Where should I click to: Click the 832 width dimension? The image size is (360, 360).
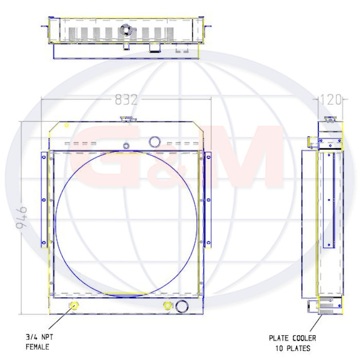click(126, 99)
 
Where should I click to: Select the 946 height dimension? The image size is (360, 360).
click(22, 218)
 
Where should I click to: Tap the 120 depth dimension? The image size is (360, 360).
click(330, 100)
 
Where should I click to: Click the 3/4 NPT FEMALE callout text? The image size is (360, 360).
click(39, 342)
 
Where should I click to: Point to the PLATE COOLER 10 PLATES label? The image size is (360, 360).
click(292, 343)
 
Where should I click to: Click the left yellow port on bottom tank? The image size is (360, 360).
click(74, 305)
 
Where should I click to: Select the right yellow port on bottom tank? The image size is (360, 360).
click(168, 305)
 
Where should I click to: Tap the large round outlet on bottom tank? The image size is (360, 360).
click(182, 306)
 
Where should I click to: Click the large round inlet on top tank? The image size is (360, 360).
click(155, 141)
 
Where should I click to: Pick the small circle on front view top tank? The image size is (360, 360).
click(126, 146)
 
